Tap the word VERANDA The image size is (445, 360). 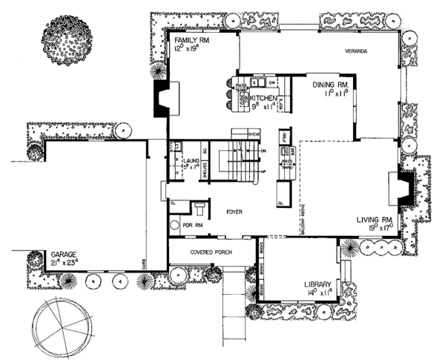pos(357,51)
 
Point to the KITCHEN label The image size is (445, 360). pos(264,98)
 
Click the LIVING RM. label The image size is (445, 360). pos(375,219)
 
